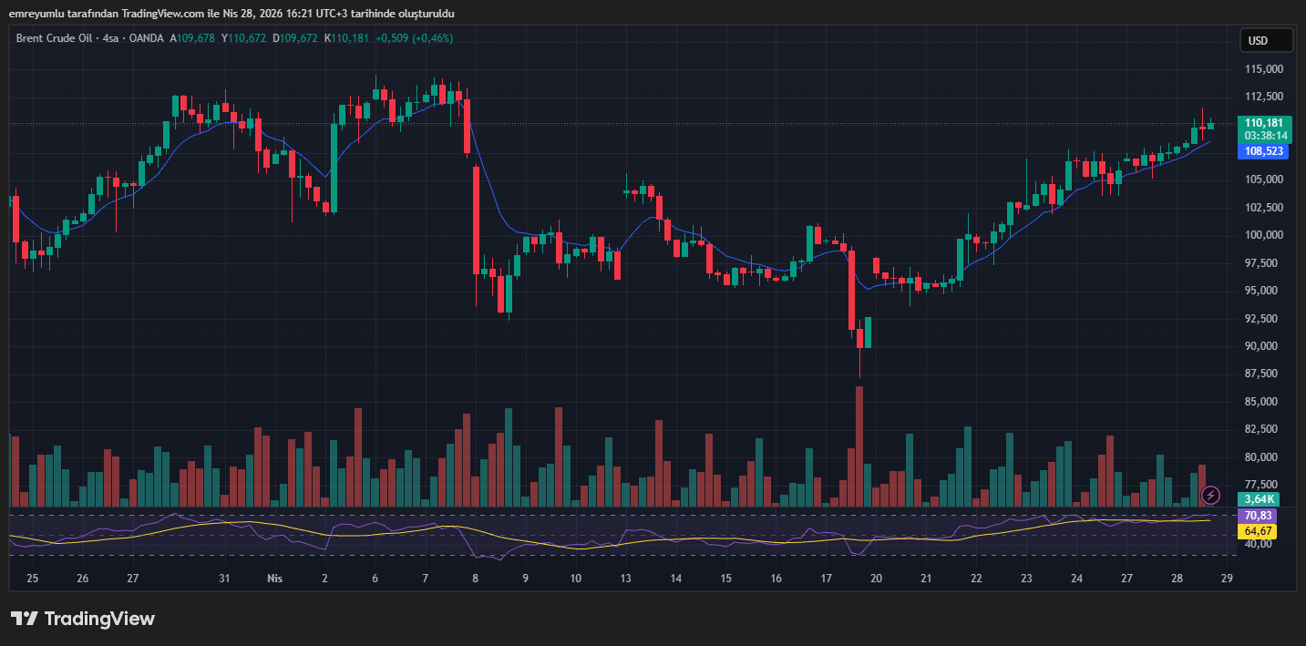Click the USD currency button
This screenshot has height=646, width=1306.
tap(1266, 40)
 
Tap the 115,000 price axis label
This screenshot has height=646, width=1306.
tap(1263, 69)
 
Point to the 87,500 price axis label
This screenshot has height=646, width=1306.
tap(1263, 374)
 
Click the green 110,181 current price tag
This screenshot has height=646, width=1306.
tap(1262, 123)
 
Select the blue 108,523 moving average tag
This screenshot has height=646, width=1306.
tap(1262, 151)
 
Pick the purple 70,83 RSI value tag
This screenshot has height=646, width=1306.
tap(1258, 516)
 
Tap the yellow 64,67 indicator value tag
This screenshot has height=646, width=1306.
tap(1258, 530)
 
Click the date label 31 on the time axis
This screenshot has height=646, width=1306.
tap(224, 579)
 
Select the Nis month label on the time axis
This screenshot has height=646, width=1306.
tap(275, 579)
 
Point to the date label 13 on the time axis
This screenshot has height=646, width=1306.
tap(625, 579)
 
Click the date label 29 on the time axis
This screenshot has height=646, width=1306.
tap(1227, 579)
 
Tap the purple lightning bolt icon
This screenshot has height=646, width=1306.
tap(1210, 495)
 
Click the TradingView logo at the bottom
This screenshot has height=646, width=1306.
tap(83, 619)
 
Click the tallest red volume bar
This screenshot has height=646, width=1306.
tap(859, 446)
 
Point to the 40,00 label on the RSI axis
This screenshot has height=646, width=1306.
tap(1258, 544)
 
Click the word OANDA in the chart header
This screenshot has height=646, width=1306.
tap(146, 38)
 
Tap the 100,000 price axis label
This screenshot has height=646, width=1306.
tap(1263, 235)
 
